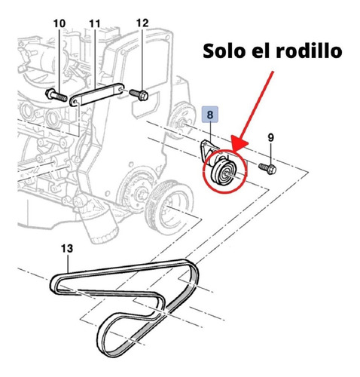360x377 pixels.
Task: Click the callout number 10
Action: coord(59,23)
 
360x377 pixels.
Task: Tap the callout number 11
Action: coord(95,23)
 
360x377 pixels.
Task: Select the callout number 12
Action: coord(142,23)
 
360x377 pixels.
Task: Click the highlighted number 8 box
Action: coord(210,115)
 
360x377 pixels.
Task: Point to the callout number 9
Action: coord(270,137)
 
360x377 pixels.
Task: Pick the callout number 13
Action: coord(67,248)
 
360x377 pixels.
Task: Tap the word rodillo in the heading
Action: coord(309,51)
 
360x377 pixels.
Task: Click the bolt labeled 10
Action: coord(56,95)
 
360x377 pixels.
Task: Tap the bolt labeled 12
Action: coord(139,95)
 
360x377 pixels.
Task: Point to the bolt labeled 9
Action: coord(267,169)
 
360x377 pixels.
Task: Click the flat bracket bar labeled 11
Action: coord(96,94)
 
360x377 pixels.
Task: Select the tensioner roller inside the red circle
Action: coord(224,172)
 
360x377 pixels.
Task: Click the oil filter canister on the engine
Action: coord(100,225)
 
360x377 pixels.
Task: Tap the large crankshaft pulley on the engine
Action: coord(169,207)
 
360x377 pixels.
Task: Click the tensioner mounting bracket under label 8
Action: coord(208,150)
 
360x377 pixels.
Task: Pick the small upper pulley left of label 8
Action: coord(182,120)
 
